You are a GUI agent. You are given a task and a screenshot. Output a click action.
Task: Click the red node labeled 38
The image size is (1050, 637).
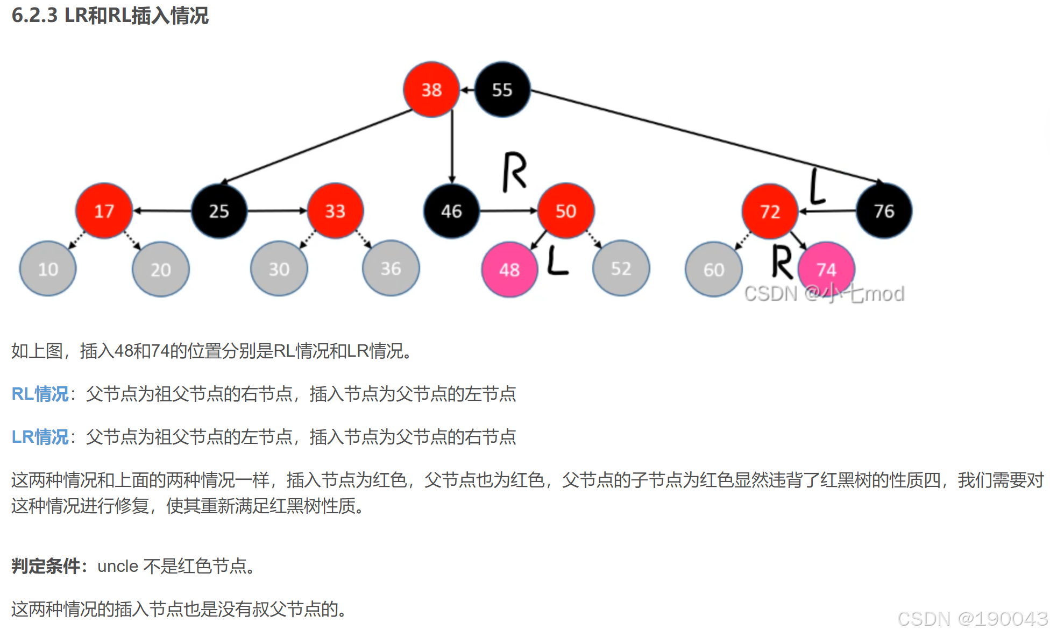[431, 89]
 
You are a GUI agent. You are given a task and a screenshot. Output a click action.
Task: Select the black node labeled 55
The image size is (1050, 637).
[502, 89]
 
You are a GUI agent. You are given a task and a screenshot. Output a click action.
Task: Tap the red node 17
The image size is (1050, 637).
[104, 211]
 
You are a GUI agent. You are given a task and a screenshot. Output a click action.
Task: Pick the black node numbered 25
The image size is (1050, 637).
[219, 211]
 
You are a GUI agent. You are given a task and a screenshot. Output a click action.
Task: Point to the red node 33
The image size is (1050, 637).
[335, 211]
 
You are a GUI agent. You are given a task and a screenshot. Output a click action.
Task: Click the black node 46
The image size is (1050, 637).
[451, 211]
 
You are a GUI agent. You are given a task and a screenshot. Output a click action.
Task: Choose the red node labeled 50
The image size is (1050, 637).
[566, 211]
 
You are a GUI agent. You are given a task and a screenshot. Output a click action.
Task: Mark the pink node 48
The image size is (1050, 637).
[509, 270]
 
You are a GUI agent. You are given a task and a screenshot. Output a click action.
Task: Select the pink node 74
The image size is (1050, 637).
[826, 268]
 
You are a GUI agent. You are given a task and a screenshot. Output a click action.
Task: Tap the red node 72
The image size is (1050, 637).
[770, 211]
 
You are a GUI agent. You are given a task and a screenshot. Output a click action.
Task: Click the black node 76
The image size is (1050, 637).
[884, 211]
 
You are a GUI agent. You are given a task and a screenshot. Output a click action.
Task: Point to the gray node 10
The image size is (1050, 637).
[48, 269]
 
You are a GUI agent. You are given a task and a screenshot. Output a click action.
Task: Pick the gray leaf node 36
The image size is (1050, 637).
[391, 268]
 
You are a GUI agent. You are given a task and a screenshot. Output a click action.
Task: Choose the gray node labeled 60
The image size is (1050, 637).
[714, 270]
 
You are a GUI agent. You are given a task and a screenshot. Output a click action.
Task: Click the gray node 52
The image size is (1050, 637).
[621, 268]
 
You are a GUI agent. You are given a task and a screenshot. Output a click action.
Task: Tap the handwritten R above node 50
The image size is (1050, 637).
[514, 172]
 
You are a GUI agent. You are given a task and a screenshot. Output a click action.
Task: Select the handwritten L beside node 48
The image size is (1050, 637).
[557, 260]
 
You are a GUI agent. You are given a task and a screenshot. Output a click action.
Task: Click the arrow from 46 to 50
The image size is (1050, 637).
[508, 211]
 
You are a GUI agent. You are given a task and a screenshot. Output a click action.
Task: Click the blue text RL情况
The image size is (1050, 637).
[40, 394]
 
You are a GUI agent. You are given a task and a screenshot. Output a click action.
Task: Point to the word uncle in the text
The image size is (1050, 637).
[118, 566]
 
